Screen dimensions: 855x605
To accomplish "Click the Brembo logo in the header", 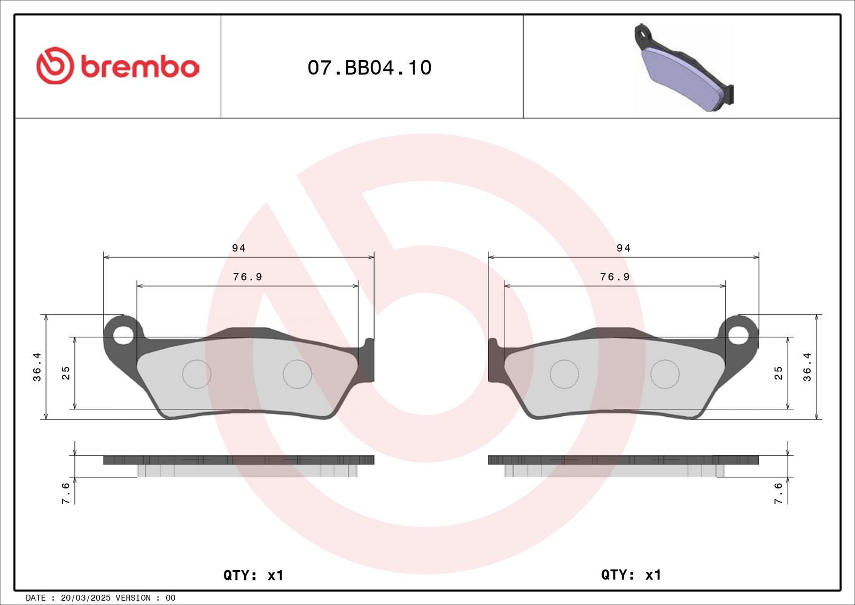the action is click(x=118, y=66).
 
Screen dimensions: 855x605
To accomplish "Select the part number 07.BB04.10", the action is click(x=369, y=67).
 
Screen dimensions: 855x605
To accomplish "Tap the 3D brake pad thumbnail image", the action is click(x=683, y=68).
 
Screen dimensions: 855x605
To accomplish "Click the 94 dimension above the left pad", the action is click(x=238, y=248).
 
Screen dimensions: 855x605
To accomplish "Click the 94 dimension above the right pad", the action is click(x=623, y=248).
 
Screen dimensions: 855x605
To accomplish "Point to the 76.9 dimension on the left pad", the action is click(x=247, y=277).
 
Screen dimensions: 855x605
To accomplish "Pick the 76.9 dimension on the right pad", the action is click(x=615, y=277).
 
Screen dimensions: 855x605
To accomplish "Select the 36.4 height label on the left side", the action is click(x=37, y=367).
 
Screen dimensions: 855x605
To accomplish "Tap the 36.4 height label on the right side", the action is click(x=807, y=367).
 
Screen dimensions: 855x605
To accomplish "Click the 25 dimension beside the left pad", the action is click(x=66, y=373).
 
